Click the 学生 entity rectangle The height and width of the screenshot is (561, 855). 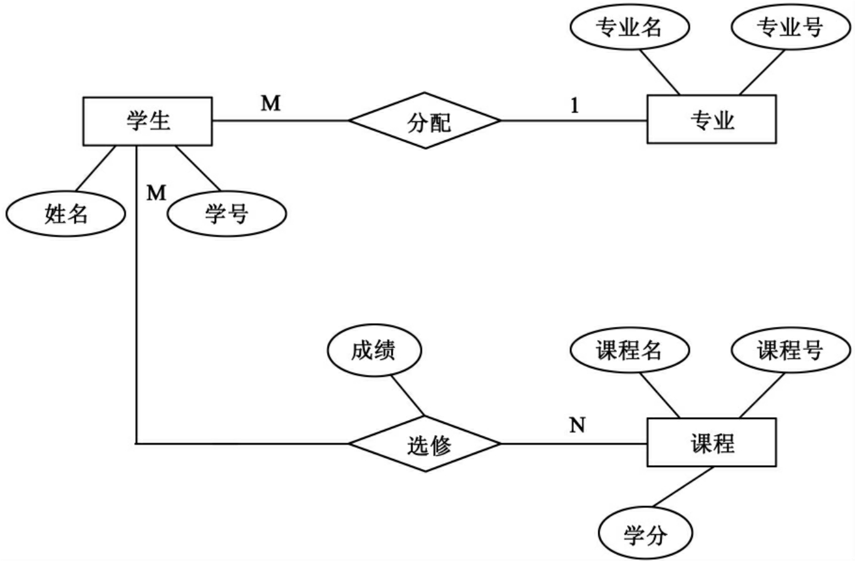[147, 121]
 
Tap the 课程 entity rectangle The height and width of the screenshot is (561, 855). [711, 443]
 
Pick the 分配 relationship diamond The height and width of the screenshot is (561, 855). [425, 121]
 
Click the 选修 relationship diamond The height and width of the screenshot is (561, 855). [425, 444]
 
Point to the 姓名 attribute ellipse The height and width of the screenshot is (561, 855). [65, 214]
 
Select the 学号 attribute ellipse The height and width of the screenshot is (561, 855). [227, 214]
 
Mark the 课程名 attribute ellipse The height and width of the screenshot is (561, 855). [630, 351]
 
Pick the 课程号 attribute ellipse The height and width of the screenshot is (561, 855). [790, 351]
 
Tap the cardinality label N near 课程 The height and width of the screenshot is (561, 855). [577, 426]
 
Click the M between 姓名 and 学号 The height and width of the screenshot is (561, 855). [156, 193]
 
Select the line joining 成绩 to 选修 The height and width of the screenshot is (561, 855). [407, 394]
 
